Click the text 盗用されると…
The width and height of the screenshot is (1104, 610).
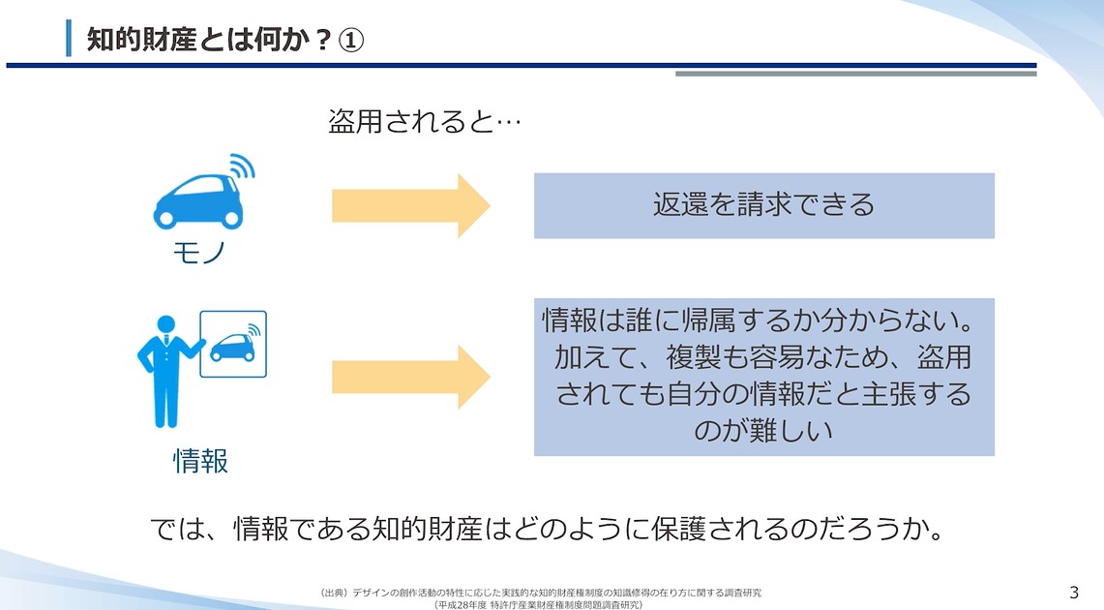[x=425, y=123]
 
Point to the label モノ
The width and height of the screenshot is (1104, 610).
[x=199, y=253]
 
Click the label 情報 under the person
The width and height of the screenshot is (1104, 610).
[x=200, y=461]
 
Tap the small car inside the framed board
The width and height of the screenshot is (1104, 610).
[x=233, y=347]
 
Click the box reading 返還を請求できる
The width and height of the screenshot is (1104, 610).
[x=763, y=205]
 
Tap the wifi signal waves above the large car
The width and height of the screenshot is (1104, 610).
[x=240, y=167]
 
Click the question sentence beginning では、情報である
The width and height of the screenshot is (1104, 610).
[x=547, y=529]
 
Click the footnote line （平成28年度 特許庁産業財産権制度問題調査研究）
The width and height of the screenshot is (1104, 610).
[x=539, y=604]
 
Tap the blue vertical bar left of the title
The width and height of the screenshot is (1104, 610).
[x=69, y=38]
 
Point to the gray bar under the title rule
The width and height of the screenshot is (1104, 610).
[x=855, y=74]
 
